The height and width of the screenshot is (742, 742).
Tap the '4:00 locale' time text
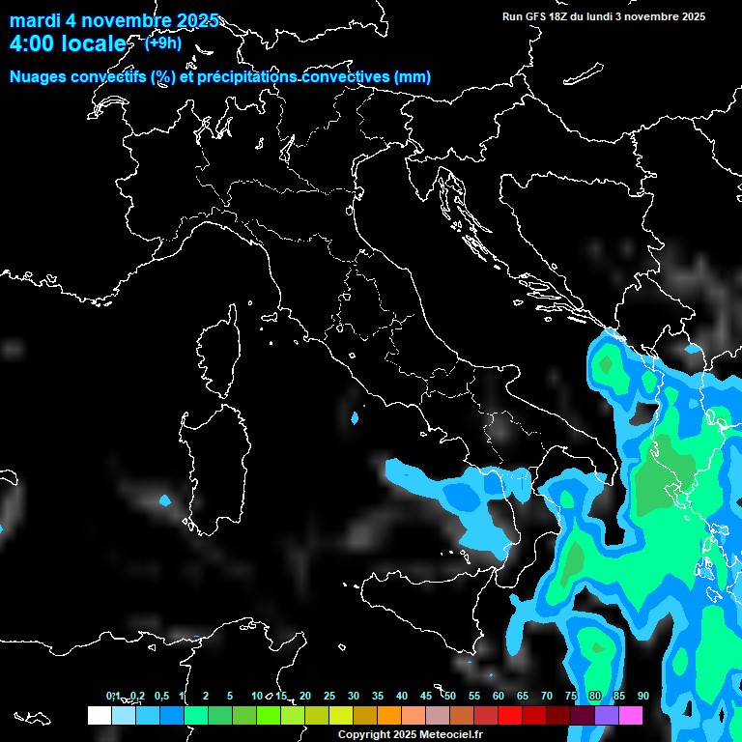(x=67, y=43)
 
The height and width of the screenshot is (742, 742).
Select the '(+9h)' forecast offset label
(x=162, y=43)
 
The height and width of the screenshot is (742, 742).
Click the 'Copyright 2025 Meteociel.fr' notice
(x=410, y=734)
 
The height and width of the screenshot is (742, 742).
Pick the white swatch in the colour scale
(x=99, y=715)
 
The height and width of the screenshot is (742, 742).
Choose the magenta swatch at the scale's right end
(x=630, y=715)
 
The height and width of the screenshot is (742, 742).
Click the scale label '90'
(x=642, y=696)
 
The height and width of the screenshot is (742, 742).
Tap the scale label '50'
(x=449, y=696)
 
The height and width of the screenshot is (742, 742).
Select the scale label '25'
(x=328, y=696)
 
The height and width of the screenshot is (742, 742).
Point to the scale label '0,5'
(x=160, y=696)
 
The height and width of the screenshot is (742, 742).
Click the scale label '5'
(x=230, y=696)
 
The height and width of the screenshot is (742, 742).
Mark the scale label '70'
(x=546, y=696)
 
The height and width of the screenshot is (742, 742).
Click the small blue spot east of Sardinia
(x=355, y=418)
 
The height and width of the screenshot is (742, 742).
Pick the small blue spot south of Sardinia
(x=164, y=499)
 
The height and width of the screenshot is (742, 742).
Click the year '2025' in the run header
(x=686, y=16)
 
